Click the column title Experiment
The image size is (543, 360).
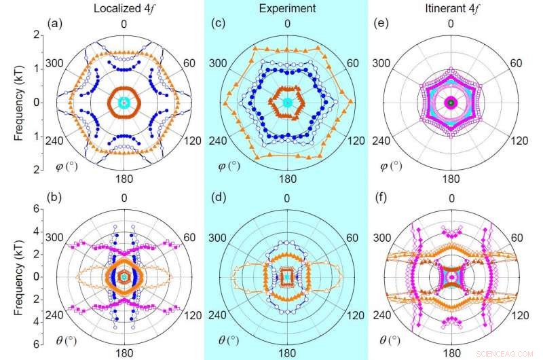click(x=287, y=7)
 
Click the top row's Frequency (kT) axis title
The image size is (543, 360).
click(x=20, y=102)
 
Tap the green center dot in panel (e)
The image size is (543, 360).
click(x=449, y=102)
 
